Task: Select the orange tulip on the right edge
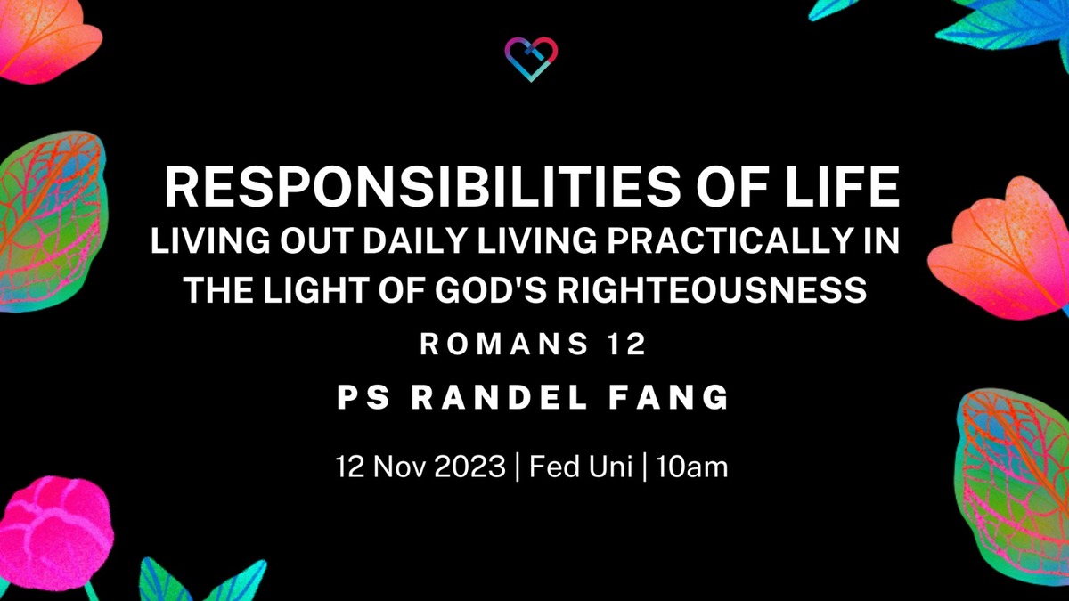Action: click(1001, 244)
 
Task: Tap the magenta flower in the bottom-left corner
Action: click(53, 534)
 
